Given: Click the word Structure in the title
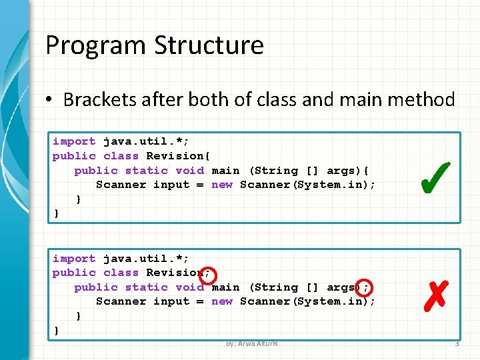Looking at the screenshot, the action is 209,46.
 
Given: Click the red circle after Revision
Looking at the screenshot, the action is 207,273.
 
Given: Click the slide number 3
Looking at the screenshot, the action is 457,344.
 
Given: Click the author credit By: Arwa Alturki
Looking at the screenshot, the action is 251,344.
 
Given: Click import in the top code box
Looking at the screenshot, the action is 74,141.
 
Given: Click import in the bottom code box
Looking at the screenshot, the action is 74,259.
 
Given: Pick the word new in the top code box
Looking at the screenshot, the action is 222,185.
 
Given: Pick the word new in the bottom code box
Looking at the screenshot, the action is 222,301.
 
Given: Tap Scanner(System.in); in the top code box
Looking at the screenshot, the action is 307,185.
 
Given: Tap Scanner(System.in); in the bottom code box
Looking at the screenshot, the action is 307,301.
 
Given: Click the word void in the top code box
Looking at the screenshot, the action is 189,171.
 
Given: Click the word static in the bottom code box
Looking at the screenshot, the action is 146,287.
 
